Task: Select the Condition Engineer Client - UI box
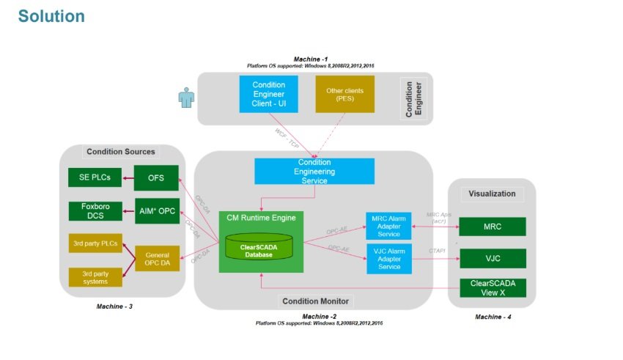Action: (x=268, y=95)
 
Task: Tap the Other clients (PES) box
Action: (x=344, y=95)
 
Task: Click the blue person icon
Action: (x=187, y=99)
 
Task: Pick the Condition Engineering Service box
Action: (x=314, y=172)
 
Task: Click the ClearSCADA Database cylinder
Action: (x=259, y=248)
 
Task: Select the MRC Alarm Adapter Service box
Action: (x=389, y=225)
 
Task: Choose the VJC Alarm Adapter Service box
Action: (x=389, y=258)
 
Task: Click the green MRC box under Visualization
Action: (x=493, y=227)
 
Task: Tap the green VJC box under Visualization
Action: (x=493, y=258)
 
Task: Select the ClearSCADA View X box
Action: (x=493, y=287)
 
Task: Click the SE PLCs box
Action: (x=95, y=177)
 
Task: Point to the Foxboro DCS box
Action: (x=95, y=210)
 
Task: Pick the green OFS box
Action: (x=157, y=177)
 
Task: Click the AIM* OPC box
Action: (x=157, y=210)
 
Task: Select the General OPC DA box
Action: (x=157, y=257)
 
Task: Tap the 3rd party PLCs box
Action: (x=95, y=243)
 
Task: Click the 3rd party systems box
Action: (x=95, y=276)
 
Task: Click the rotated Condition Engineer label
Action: (x=413, y=99)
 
